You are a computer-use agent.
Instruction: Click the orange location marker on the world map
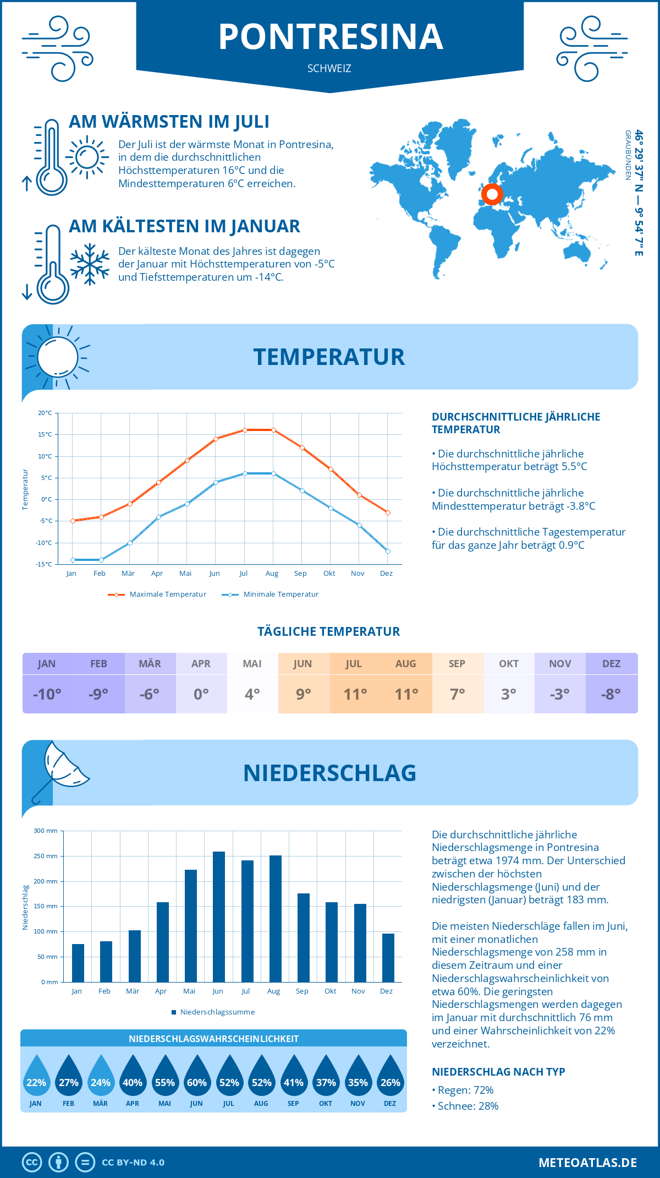point(492,194)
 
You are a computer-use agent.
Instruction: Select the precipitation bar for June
point(218,917)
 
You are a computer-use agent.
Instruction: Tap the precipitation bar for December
point(388,957)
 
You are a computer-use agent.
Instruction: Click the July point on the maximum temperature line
point(245,430)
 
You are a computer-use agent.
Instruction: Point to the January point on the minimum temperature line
point(73,560)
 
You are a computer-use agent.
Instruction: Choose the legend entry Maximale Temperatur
point(157,595)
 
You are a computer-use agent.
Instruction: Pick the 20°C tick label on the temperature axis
point(45,413)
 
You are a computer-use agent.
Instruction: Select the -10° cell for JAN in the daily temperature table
point(47,694)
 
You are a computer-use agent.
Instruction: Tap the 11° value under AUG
point(406,694)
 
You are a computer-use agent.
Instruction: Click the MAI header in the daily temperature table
point(252,664)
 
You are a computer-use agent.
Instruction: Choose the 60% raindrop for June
point(196,1076)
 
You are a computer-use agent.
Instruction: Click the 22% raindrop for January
point(36,1076)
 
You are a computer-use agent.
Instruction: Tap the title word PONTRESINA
point(331,37)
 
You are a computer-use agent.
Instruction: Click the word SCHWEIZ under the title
point(329,69)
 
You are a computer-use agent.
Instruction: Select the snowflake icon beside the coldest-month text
point(90,264)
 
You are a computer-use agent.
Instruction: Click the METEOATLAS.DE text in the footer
point(587,1163)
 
